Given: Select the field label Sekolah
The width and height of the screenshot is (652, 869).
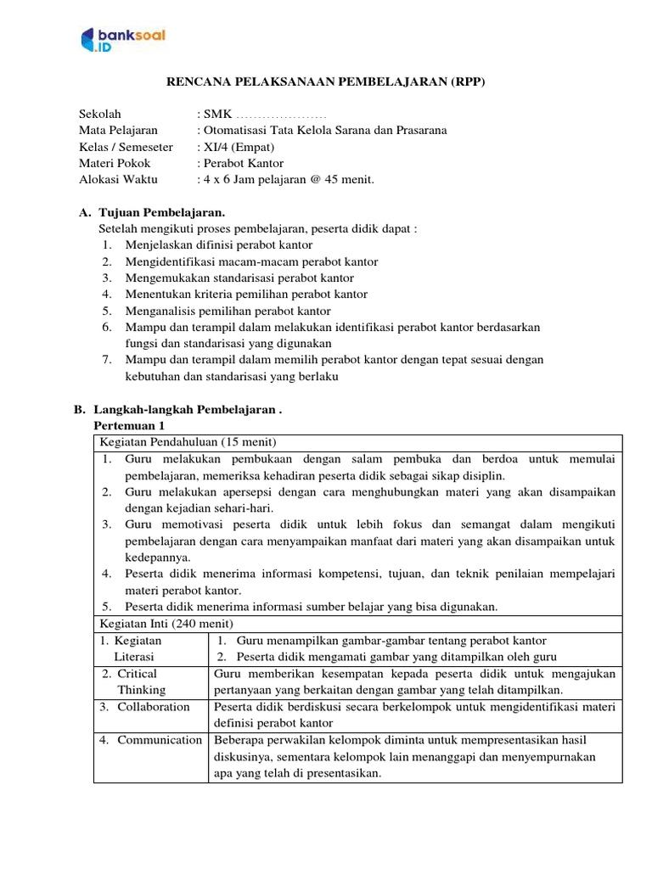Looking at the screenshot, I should coord(100,114).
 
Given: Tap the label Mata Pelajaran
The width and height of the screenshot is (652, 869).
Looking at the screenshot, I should coord(118,130).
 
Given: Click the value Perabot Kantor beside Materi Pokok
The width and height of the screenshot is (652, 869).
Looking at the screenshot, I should coord(244,163).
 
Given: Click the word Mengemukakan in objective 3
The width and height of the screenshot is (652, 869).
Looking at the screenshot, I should coord(163,278).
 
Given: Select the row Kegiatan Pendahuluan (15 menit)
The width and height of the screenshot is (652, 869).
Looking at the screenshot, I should coord(188,442).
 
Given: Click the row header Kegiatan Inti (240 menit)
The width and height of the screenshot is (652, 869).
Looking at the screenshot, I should coord(167,623).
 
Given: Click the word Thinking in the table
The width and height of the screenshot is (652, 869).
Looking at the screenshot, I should coord(142,690).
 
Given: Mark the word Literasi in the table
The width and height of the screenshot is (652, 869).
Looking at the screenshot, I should coord(138,657).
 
